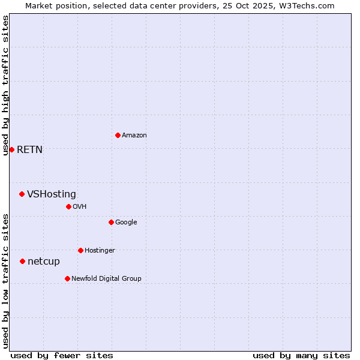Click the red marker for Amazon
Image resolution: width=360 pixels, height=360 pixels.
pyautogui.click(x=118, y=135)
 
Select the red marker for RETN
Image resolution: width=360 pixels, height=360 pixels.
pyautogui.click(x=11, y=149)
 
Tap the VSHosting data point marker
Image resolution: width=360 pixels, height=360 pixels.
pyautogui.click(x=22, y=194)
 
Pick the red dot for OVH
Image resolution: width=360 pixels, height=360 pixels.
pyautogui.click(x=68, y=206)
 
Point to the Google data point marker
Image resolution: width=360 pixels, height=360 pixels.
pyautogui.click(x=111, y=222)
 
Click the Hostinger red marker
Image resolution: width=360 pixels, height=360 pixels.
pyautogui.click(x=80, y=250)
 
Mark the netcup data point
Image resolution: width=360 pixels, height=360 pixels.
pyautogui.click(x=22, y=261)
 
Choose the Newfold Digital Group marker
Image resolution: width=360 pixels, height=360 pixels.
pyautogui.click(x=67, y=278)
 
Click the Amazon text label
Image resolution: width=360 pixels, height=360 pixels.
pyautogui.click(x=134, y=136)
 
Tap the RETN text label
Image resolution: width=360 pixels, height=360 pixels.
pyautogui.click(x=29, y=150)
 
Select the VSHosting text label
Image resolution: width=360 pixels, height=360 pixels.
pyautogui.click(x=52, y=194)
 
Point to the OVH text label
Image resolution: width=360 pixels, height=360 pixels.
pyautogui.click(x=80, y=207)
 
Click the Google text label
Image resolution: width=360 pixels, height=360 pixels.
pyautogui.click(x=126, y=223)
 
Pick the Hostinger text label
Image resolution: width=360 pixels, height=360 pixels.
pyautogui.click(x=100, y=251)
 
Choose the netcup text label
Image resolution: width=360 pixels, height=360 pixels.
pyautogui.click(x=44, y=262)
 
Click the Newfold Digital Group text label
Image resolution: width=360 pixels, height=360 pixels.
pyautogui.click(x=106, y=279)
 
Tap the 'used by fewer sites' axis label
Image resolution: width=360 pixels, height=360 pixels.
pyautogui.click(x=62, y=355)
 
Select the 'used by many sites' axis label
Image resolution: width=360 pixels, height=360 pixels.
pyautogui.click(x=301, y=355)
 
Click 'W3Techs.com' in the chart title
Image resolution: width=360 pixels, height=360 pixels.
pyautogui.click(x=310, y=6)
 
